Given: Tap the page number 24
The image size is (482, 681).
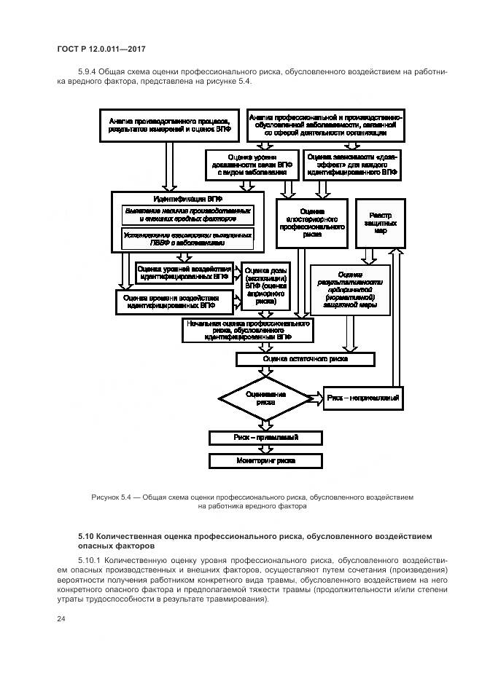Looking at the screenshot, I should [61, 619].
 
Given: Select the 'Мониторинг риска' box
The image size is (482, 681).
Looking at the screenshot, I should [254, 461].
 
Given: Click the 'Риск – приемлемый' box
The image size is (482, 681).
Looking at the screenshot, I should [254, 438].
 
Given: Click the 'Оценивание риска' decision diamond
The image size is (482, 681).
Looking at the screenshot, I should [266, 398].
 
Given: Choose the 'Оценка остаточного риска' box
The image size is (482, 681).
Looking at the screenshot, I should [305, 359].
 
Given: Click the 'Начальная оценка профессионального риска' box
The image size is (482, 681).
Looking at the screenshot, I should [248, 331].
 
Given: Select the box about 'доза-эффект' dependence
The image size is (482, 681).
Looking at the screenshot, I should [351, 165].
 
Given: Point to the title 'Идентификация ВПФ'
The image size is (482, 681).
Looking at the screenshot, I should [188, 199].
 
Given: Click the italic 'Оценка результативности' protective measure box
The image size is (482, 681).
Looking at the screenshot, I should [350, 289].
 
